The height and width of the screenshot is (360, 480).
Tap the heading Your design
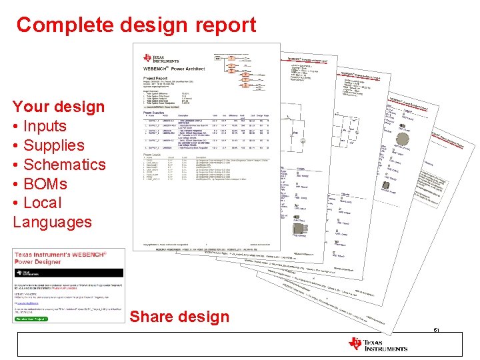click(59, 107)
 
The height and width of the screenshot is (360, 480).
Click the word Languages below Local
click(52, 222)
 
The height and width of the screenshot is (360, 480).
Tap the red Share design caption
click(179, 317)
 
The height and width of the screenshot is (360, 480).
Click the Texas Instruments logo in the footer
click(377, 344)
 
